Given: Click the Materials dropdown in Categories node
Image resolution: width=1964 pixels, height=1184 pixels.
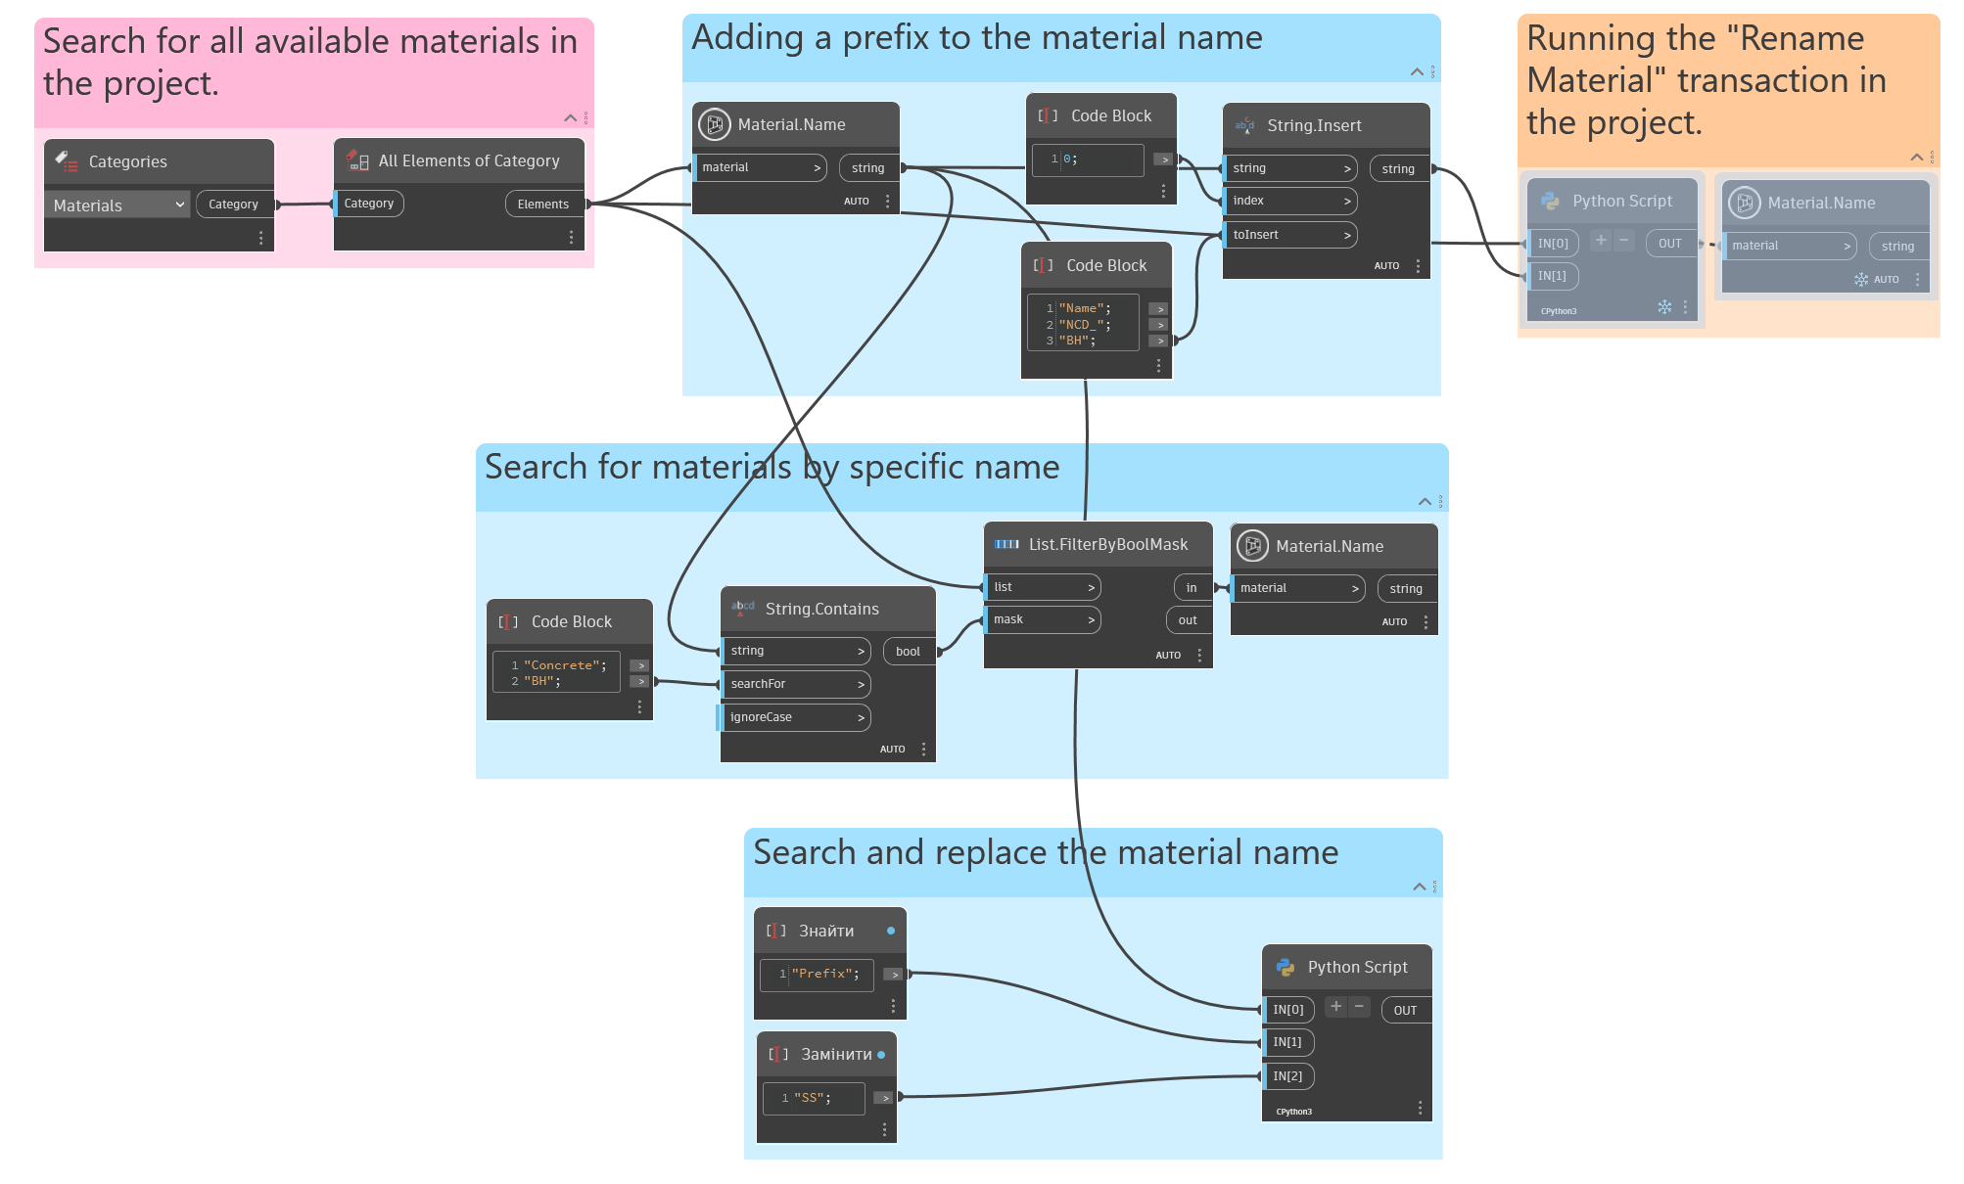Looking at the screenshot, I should coord(117,205).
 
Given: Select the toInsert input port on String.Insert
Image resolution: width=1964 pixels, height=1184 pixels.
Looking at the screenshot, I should coord(1289,235).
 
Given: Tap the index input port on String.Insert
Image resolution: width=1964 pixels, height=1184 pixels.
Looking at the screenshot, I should coord(1289,201).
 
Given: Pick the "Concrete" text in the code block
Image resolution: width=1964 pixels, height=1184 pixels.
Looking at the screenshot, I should coord(564,665).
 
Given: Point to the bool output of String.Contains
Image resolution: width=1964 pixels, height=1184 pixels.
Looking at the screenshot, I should coord(909,652).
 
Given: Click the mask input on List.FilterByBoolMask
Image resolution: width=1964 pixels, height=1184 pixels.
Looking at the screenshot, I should coord(1042,619).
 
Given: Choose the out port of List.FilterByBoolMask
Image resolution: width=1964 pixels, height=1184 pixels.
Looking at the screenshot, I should coord(1188,620).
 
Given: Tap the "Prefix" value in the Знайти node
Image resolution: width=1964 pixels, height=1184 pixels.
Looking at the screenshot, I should coord(824,974).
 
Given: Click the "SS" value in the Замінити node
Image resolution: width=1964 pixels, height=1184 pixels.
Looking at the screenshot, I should coord(812,1098).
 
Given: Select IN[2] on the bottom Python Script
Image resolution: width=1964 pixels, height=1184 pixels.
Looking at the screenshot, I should coord(1287,1076).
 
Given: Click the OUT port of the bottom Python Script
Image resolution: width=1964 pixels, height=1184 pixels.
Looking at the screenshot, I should coord(1405,1011).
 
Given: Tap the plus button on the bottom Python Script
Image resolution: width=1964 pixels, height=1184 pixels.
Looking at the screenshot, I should coord(1335,1007).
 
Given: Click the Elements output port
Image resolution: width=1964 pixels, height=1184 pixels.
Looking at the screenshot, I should coord(543,205).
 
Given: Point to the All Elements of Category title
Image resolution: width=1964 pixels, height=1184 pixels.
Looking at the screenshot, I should coord(469,161).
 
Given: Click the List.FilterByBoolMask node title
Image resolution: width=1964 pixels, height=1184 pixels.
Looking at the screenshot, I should coord(1107,545).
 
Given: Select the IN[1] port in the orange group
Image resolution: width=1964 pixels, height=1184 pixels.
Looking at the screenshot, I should coord(1552,276).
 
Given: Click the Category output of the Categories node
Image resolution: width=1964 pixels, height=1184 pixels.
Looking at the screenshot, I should coord(234,205).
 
